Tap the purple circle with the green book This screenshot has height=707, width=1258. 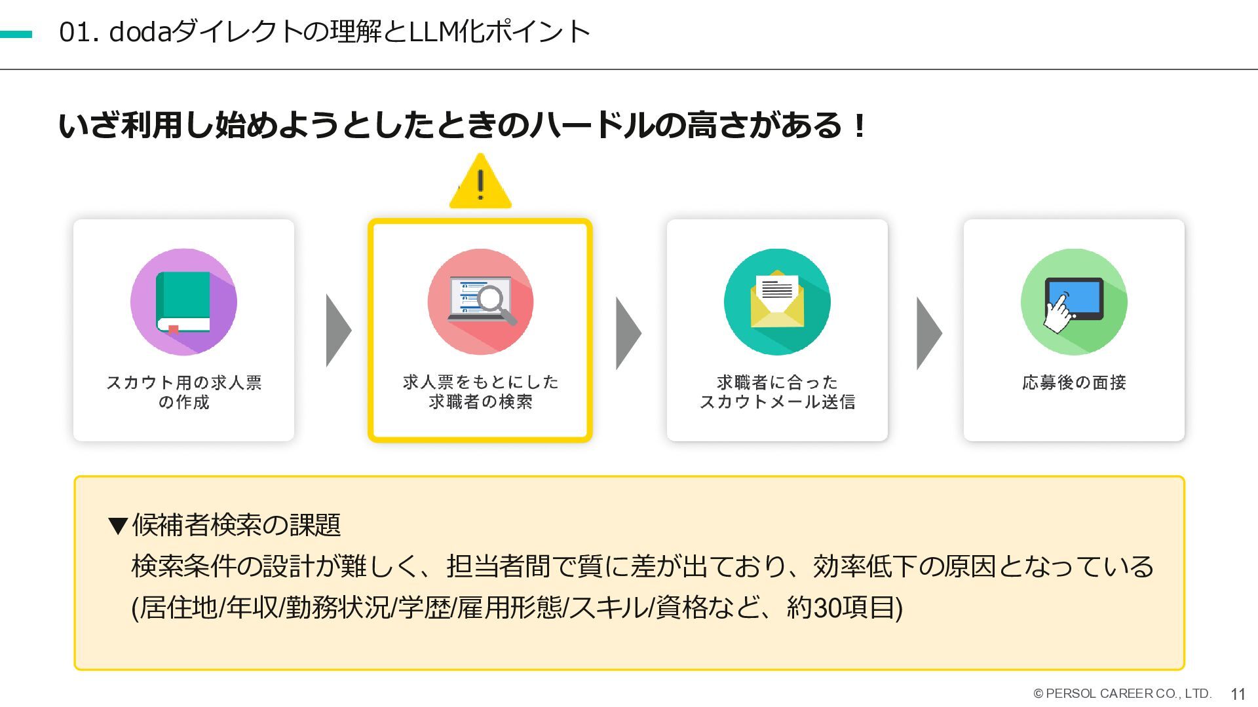(x=183, y=302)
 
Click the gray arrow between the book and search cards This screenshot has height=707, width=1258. (x=337, y=331)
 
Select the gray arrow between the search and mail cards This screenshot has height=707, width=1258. (x=628, y=333)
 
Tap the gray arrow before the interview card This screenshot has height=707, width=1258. (x=928, y=333)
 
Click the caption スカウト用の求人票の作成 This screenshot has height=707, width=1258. (x=183, y=391)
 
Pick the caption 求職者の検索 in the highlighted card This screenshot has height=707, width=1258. (x=480, y=402)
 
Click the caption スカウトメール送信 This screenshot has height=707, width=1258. (x=777, y=402)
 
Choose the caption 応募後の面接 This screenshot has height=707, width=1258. (x=1074, y=382)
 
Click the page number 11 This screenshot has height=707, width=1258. (x=1238, y=695)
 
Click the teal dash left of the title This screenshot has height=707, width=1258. (x=16, y=34)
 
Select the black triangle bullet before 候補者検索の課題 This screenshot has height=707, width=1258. (x=119, y=526)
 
